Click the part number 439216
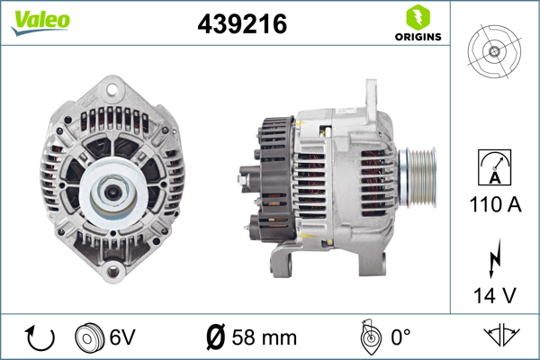241,25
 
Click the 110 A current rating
494,203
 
